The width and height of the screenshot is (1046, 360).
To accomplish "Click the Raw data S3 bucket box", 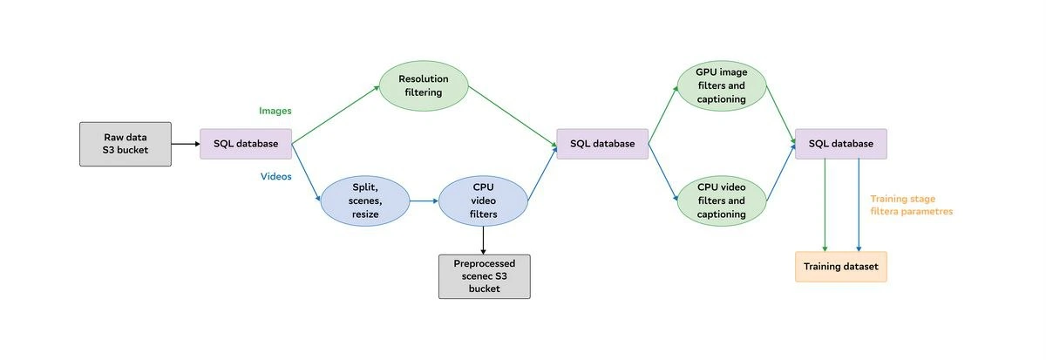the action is [126, 144].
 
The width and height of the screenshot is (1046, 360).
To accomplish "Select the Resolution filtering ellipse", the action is [424, 86].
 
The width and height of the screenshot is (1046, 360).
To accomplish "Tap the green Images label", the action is [275, 111].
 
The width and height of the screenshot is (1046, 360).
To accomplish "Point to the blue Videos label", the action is [276, 176].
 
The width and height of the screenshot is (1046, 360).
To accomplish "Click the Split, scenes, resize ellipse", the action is [365, 200].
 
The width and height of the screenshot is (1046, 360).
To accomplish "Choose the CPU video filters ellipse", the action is [483, 200].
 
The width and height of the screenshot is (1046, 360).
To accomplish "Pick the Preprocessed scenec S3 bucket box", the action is [485, 276].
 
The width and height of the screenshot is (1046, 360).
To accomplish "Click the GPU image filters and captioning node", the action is [722, 86].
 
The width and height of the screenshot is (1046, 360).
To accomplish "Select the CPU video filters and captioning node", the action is [722, 200].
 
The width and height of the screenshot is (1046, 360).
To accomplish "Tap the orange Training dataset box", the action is [841, 267].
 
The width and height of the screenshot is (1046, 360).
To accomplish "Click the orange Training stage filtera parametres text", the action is [912, 205].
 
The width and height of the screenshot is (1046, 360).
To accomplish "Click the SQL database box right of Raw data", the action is [246, 144].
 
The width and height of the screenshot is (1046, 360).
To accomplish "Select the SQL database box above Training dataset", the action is [841, 144].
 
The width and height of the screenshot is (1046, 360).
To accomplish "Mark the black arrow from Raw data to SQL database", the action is [186, 144].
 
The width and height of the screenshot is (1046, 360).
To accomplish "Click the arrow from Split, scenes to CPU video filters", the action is [424, 200].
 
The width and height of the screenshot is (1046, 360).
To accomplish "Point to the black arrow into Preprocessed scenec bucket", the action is [483, 241].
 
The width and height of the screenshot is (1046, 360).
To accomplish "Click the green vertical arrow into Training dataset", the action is [825, 205].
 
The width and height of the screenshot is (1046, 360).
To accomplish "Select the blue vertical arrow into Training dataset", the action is [859, 205].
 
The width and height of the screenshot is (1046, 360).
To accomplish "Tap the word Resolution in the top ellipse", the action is [424, 79].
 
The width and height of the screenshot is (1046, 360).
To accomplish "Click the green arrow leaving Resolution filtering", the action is [513, 117].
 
